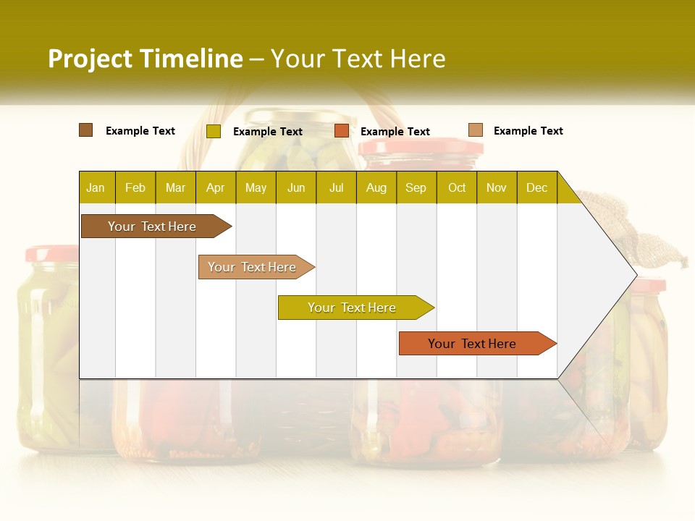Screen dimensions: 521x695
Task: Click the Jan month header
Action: (x=96, y=187)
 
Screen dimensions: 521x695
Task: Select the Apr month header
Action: (x=216, y=187)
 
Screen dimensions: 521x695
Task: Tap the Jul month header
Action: (x=336, y=187)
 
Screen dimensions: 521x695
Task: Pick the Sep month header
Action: (x=416, y=187)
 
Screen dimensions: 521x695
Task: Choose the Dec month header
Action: (x=536, y=187)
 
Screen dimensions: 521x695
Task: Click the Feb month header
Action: (x=135, y=187)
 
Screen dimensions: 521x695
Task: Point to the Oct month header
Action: (x=457, y=187)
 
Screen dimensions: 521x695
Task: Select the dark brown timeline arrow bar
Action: (x=153, y=226)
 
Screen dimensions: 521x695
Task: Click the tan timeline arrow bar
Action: (x=253, y=267)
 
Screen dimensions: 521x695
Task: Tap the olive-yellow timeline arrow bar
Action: (x=353, y=308)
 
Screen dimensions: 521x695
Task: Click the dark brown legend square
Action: (x=86, y=130)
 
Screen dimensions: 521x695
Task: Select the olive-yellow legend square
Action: (x=214, y=131)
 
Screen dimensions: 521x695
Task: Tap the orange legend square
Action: (x=342, y=131)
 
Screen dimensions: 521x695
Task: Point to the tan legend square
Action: (x=476, y=130)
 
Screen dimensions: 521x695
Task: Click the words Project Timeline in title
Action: (x=145, y=59)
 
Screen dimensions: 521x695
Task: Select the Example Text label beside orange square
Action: (x=395, y=132)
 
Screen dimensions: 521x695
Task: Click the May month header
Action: (x=256, y=187)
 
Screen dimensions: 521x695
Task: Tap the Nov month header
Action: (x=497, y=187)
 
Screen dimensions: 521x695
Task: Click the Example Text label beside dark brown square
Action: (x=140, y=131)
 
